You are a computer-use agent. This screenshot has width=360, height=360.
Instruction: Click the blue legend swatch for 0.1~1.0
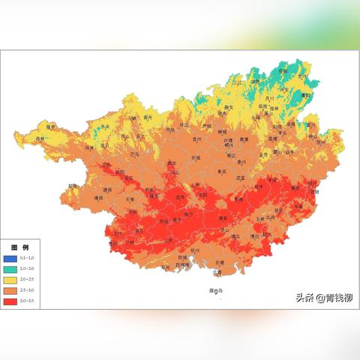10,257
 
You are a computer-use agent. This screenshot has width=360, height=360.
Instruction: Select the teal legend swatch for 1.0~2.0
10,268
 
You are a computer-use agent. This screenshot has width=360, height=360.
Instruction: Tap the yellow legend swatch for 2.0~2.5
10,278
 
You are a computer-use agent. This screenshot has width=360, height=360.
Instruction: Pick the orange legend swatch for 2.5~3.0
10,289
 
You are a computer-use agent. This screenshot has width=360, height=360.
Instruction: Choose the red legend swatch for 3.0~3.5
10,300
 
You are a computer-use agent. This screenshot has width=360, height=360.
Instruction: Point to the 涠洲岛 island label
216,290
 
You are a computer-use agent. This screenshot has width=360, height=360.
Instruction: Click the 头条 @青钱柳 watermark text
324,298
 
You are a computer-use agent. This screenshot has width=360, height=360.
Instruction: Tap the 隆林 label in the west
51,127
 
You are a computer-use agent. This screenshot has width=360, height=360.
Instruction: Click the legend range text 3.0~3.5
27,301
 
